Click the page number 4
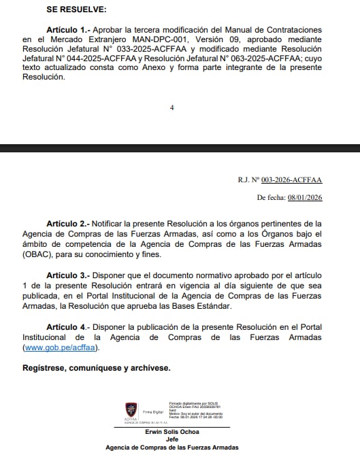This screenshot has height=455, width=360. point(172,107)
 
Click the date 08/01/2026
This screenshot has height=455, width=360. point(304,197)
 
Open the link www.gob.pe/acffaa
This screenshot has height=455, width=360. point(61,348)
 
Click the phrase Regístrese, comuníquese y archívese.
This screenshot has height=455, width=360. point(96,368)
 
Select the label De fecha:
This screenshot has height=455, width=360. point(271,197)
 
